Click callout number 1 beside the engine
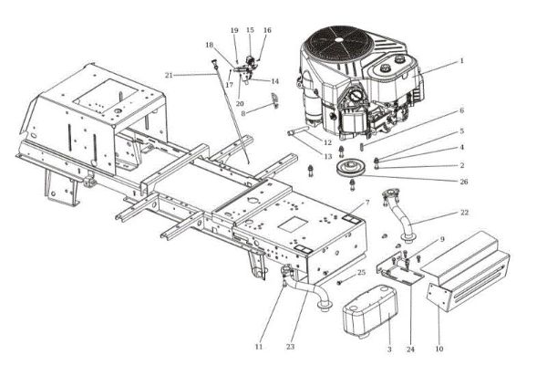[461, 60]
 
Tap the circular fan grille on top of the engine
[338, 43]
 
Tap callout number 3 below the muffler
[389, 349]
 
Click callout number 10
[439, 349]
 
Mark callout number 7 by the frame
[366, 202]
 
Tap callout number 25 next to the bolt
[361, 273]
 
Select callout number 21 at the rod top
[169, 75]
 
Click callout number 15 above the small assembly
[250, 30]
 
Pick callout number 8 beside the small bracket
[243, 113]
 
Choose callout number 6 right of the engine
[462, 110]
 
